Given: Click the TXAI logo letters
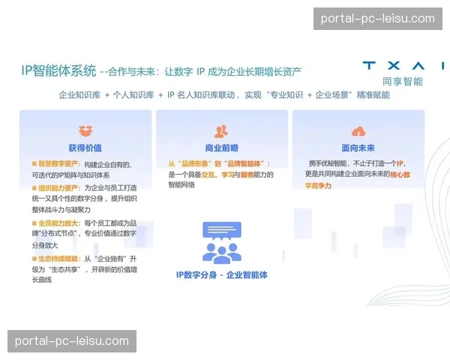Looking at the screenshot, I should pyautogui.click(x=402, y=66).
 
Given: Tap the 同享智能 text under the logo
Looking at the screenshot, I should pyautogui.click(x=402, y=81).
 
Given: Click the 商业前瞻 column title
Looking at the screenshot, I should pyautogui.click(x=221, y=148).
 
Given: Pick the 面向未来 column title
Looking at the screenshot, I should pyautogui.click(x=358, y=148).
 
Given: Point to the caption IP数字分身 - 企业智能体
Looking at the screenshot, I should pyautogui.click(x=221, y=275).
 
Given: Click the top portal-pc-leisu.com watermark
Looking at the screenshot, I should pyautogui.click(x=377, y=19).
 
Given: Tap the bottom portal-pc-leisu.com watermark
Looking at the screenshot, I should pyautogui.click(x=72, y=341).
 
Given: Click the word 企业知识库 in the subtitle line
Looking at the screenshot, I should pyautogui.click(x=79, y=96).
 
